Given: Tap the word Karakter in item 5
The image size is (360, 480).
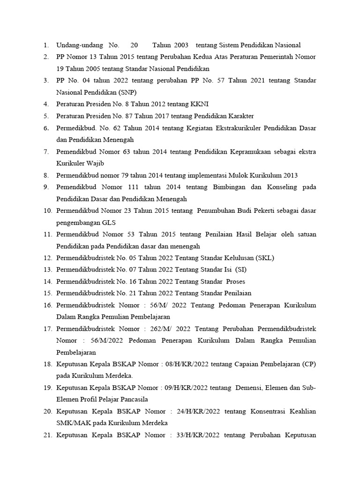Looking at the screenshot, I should [x=240, y=116].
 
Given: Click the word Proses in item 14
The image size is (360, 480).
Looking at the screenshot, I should [x=235, y=281].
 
